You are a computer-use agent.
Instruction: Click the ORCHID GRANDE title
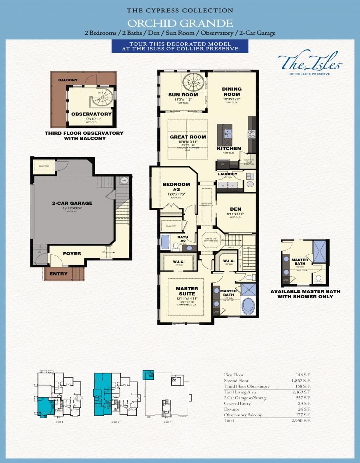point(180,22)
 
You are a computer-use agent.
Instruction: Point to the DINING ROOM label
point(232,92)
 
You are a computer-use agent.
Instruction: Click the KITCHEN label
point(229,148)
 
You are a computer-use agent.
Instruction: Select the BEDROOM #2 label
point(176,187)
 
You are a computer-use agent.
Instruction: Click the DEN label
point(235,209)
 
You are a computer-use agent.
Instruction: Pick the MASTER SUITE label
point(187,291)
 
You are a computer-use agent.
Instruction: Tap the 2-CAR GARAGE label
point(72,203)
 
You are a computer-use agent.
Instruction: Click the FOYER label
point(72,253)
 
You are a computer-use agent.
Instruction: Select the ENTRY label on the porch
point(58,274)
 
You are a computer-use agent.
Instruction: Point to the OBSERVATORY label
point(91,114)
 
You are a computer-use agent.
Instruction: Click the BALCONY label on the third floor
point(68,80)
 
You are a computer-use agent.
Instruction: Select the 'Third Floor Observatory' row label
point(247,386)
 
